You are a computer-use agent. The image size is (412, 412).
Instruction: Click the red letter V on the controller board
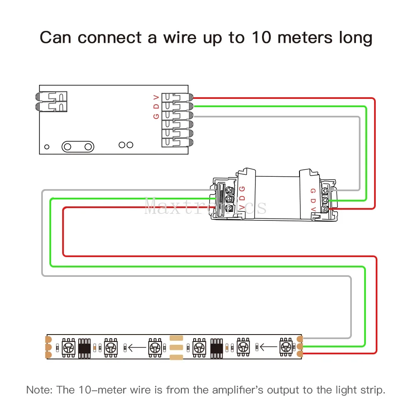tap(156, 98)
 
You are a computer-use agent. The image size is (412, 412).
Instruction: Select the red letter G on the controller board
tap(156, 116)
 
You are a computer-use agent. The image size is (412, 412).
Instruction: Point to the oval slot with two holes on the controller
tap(77, 146)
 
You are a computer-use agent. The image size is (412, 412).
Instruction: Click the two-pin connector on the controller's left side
tap(51, 101)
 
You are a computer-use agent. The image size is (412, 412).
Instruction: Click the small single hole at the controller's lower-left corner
tap(47, 147)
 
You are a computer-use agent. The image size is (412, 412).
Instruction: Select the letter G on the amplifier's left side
tap(242, 189)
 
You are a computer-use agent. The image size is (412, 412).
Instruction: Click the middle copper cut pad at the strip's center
tap(176, 347)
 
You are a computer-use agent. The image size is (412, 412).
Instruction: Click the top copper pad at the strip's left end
tap(49, 339)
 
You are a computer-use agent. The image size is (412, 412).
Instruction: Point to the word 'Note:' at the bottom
tap(39, 389)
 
